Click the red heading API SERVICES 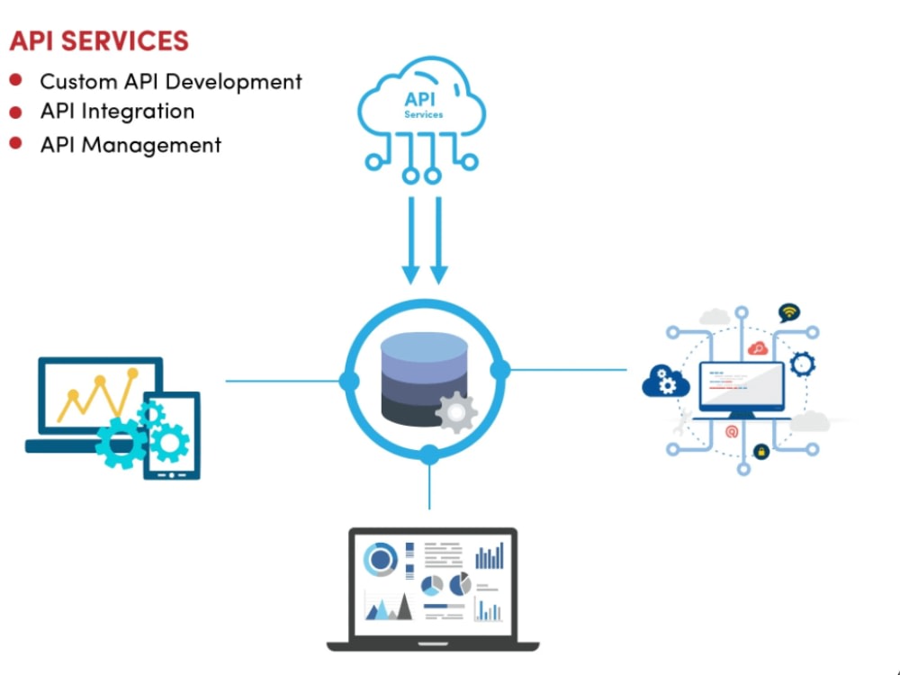(x=99, y=40)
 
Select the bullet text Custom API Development (x=171, y=82)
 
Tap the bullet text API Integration (x=117, y=111)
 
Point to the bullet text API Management (x=130, y=145)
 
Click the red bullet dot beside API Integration (x=15, y=112)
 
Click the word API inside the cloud (x=419, y=99)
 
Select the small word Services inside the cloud (x=424, y=115)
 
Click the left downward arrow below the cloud (x=411, y=240)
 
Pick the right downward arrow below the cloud (x=439, y=240)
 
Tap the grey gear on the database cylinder (x=456, y=411)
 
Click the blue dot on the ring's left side (x=349, y=381)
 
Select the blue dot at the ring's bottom (x=428, y=454)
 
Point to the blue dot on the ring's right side (x=500, y=370)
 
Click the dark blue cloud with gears (x=666, y=381)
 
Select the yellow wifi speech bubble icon (x=789, y=312)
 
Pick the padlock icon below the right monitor (x=761, y=452)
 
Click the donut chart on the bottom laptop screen (x=381, y=559)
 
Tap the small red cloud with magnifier (x=758, y=347)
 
